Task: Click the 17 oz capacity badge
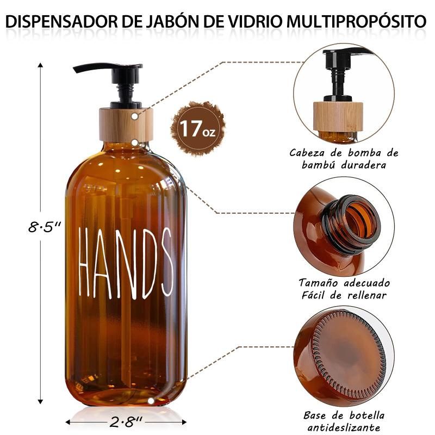tap(197, 129)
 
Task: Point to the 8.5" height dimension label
tap(45, 227)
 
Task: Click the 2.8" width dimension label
tap(126, 422)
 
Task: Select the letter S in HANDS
tap(167, 263)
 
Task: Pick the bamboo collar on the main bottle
tap(126, 125)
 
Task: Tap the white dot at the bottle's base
tap(151, 401)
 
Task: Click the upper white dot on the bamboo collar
tap(135, 116)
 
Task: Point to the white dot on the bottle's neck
tap(135, 142)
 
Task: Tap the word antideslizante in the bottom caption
tap(344, 427)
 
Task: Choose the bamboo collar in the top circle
tap(338, 116)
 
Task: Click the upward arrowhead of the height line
tap(40, 65)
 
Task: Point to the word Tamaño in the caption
tap(318, 283)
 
